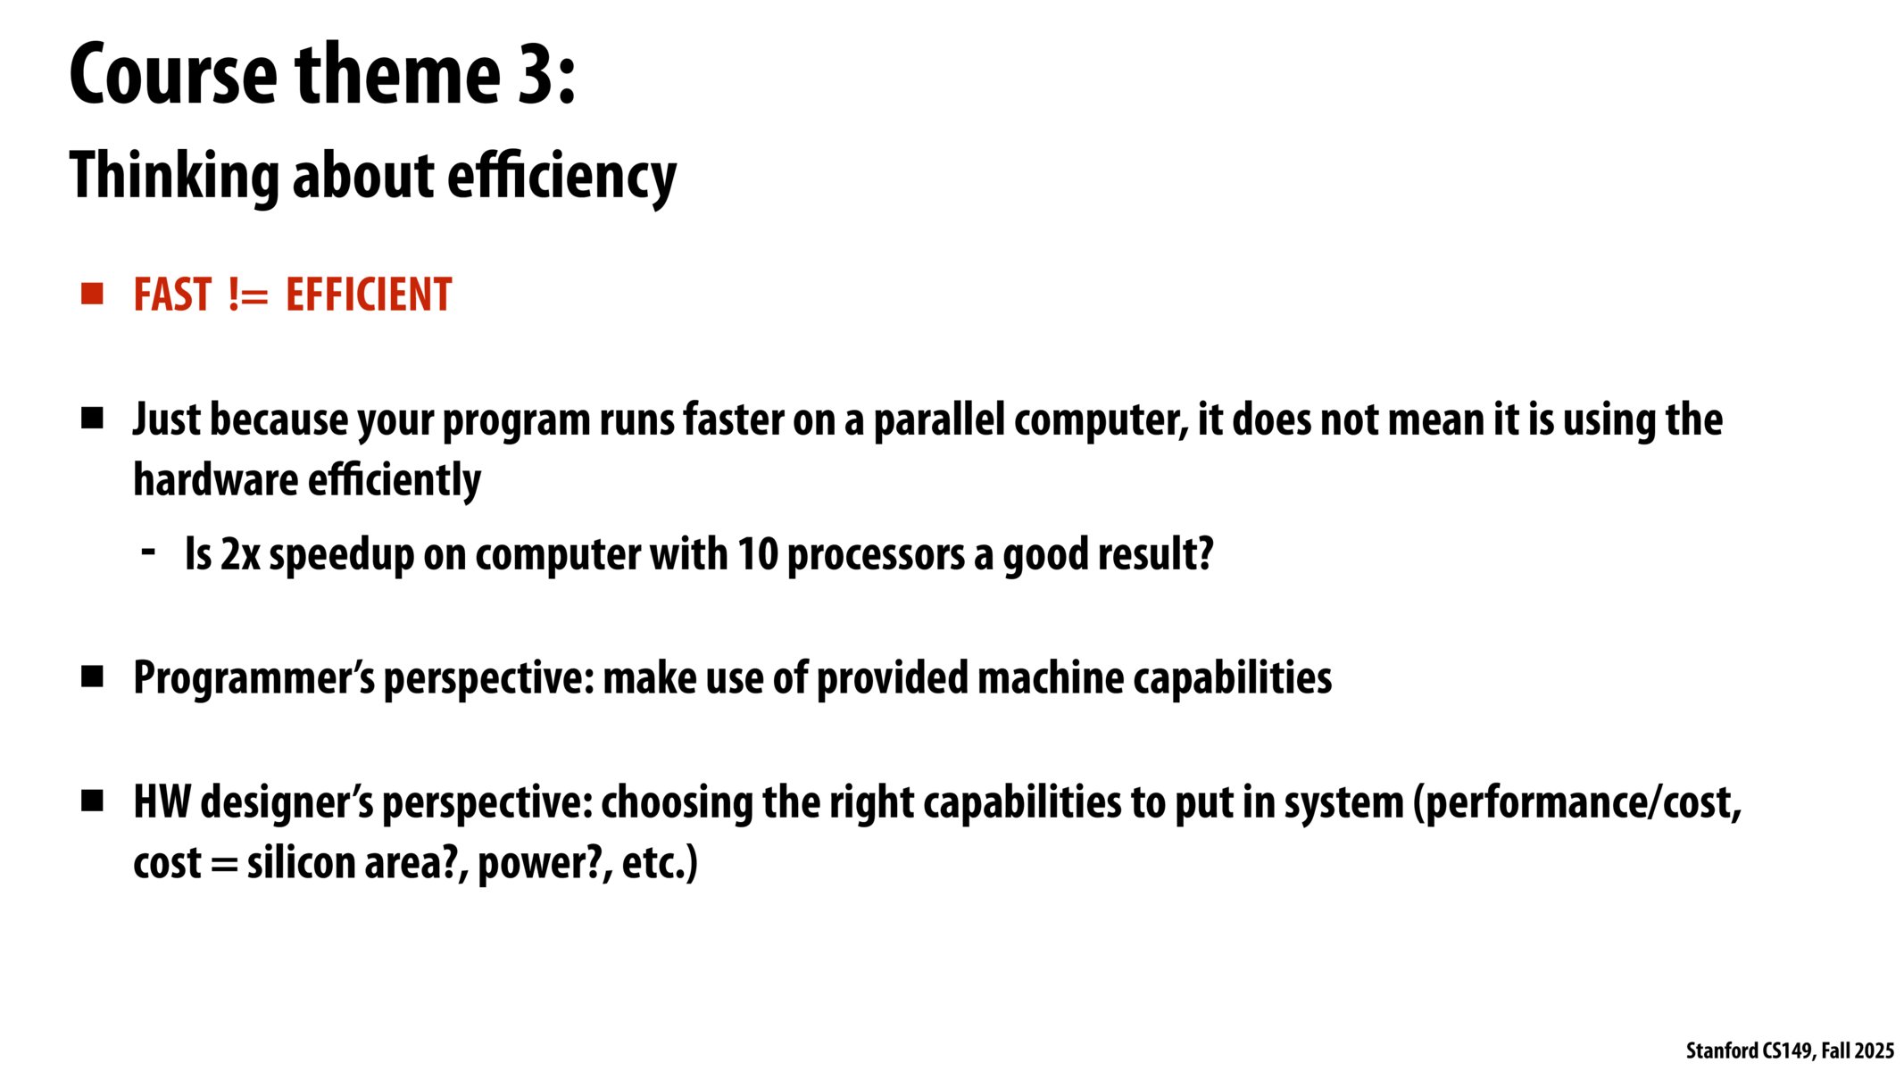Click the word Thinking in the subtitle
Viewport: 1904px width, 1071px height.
pyautogui.click(x=174, y=176)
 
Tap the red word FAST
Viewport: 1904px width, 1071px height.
pyautogui.click(x=172, y=295)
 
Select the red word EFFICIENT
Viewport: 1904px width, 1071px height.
pyautogui.click(x=369, y=295)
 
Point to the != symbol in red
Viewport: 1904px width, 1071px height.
pyautogui.click(x=248, y=295)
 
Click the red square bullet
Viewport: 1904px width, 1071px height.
pyautogui.click(x=92, y=294)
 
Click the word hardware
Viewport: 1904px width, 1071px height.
pyautogui.click(x=215, y=479)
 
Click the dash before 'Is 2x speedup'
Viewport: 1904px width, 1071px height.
pyautogui.click(x=149, y=552)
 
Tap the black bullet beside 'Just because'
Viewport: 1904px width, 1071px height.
pyautogui.click(x=92, y=418)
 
